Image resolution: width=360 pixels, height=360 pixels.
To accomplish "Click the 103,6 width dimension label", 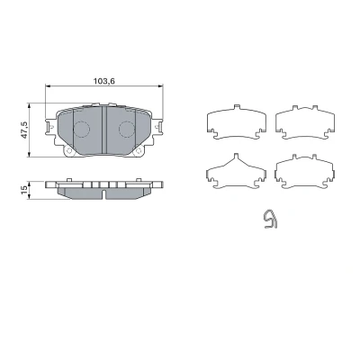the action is coord(104,81).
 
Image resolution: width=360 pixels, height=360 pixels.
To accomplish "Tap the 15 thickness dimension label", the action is coord(24,190).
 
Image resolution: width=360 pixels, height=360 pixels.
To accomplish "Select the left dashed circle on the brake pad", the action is coord(82,130).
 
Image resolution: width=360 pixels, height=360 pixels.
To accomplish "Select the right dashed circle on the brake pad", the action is coord(127,130).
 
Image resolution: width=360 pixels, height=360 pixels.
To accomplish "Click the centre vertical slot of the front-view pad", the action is coord(104,130).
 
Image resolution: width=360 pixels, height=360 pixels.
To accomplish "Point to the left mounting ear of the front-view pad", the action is coord(50,127).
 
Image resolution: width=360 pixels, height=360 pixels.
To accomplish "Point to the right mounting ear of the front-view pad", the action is coord(157,127).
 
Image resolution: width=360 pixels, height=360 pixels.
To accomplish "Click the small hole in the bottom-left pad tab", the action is coord(69,151).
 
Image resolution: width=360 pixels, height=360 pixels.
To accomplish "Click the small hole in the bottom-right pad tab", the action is coord(139,151).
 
